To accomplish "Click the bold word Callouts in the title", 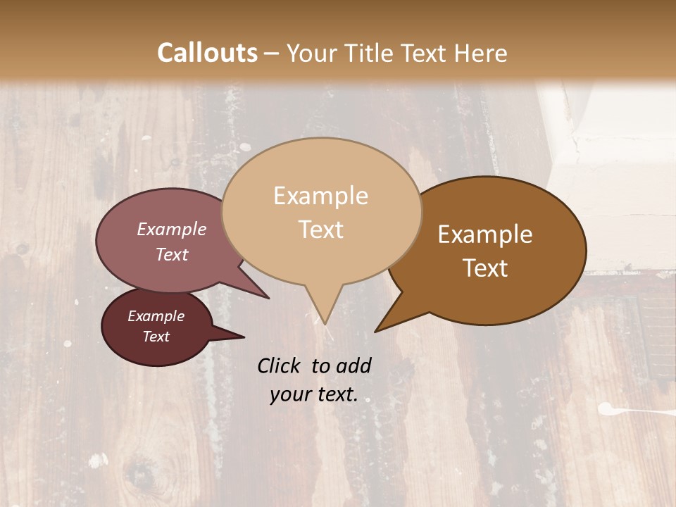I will (x=207, y=53).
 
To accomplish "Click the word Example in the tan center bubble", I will (x=320, y=196).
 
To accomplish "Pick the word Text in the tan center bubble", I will (x=320, y=230).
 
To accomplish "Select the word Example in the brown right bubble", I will (x=485, y=234).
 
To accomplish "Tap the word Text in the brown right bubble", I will (x=485, y=268).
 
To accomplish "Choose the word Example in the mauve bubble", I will (x=171, y=229).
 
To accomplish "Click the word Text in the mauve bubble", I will (x=171, y=254).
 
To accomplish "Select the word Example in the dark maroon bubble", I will (x=156, y=316).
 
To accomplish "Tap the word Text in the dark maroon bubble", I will (x=156, y=337).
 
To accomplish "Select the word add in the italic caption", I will (x=353, y=365).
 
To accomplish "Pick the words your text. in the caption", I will (x=313, y=394).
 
